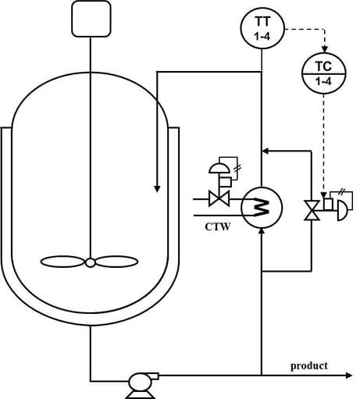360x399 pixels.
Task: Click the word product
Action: pyautogui.click(x=308, y=365)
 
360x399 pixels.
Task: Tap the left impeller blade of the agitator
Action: pyautogui.click(x=62, y=262)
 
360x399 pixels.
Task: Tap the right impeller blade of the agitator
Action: pyautogui.click(x=119, y=262)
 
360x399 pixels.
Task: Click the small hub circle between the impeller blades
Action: pyautogui.click(x=91, y=262)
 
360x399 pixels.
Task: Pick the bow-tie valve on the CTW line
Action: pyautogui.click(x=219, y=199)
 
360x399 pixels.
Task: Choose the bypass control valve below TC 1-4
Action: pyautogui.click(x=312, y=210)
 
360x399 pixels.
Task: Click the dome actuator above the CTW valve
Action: pyautogui.click(x=218, y=168)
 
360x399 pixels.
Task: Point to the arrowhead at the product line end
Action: pyautogui.click(x=348, y=376)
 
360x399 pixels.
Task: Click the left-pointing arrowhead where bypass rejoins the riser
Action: pyautogui.click(x=267, y=148)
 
